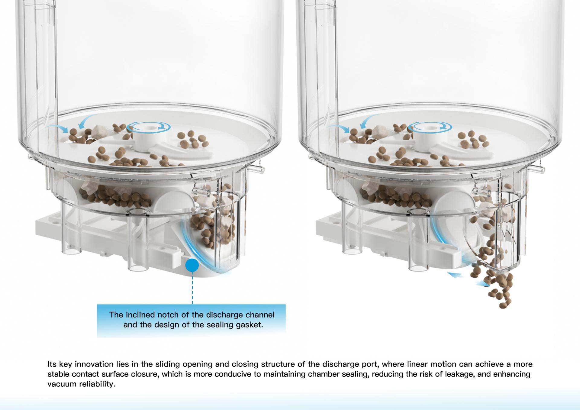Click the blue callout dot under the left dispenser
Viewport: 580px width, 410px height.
coord(192,265)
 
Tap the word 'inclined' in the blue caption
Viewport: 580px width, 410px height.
coord(143,315)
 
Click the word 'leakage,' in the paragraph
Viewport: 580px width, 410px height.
coord(461,374)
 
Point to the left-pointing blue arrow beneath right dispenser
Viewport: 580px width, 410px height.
coord(456,275)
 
